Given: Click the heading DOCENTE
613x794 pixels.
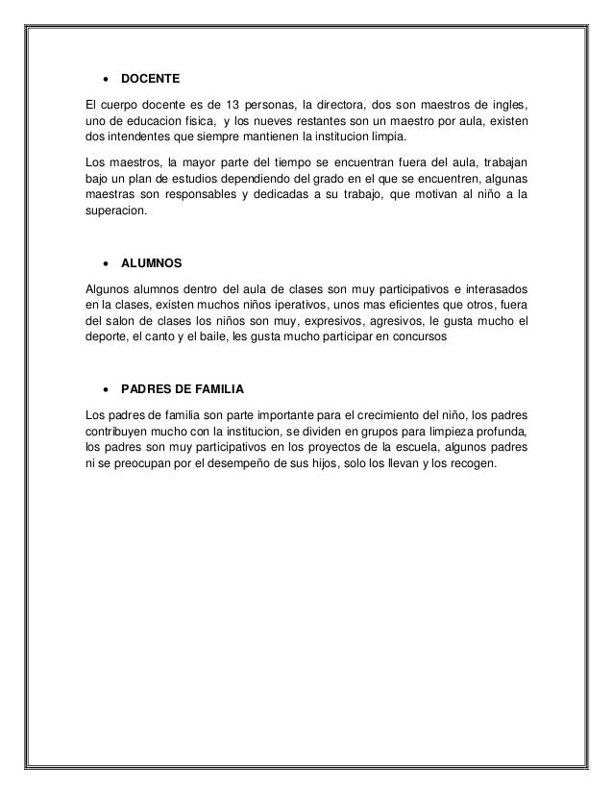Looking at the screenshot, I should coord(151,77).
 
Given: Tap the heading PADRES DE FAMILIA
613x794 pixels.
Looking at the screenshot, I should coord(183,389).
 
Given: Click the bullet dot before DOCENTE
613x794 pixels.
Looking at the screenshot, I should coord(103,77).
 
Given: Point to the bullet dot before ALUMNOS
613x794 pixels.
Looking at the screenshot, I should coord(103,262).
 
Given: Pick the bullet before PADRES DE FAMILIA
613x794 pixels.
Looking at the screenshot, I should coord(103,390).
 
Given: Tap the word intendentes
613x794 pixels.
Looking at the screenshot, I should coord(132,137).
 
